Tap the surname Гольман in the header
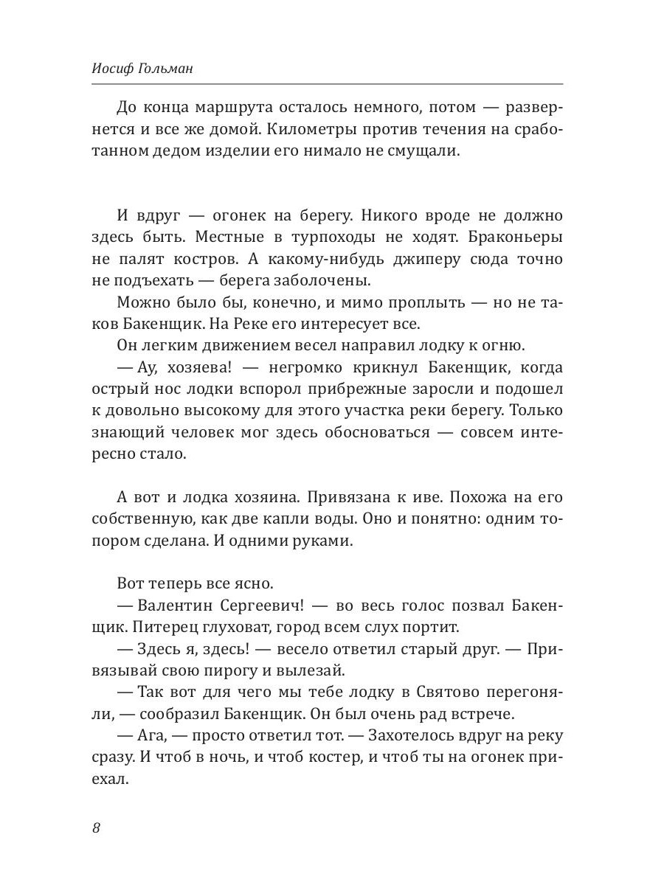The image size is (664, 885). point(174,69)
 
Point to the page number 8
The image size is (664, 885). point(97,827)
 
